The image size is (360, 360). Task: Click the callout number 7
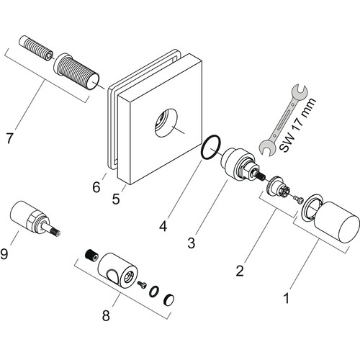point(9,138)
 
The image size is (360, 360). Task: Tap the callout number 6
point(96,187)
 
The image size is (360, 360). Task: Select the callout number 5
point(116,199)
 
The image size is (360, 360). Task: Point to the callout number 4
point(163,226)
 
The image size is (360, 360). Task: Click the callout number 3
point(192,243)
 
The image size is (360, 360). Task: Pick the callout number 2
point(240,271)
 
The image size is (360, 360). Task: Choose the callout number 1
point(287,298)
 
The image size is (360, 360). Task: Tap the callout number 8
point(106,315)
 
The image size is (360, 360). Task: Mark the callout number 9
point(4,253)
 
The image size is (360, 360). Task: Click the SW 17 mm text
point(297,125)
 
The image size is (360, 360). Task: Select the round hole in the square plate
point(166,123)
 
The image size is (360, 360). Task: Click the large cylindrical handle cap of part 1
point(336,222)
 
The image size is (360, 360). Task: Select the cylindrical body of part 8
point(118,270)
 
